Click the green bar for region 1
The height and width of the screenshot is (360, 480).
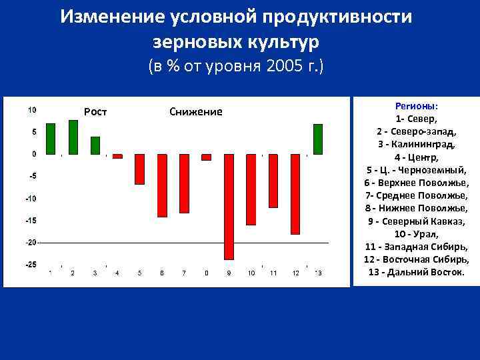[51, 139]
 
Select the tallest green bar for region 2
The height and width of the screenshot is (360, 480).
[73, 137]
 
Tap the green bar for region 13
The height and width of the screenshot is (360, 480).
[318, 139]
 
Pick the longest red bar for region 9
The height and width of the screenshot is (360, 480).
[229, 206]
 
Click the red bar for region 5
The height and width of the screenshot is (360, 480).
[139, 169]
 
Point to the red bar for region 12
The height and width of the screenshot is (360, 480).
[295, 194]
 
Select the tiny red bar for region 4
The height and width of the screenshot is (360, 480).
[117, 156]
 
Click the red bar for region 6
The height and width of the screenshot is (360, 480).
[162, 185]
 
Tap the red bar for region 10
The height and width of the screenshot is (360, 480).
[251, 189]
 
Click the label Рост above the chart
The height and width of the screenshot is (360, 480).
[95, 111]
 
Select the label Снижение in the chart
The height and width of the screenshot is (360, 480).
[196, 111]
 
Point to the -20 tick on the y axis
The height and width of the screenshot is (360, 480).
[31, 243]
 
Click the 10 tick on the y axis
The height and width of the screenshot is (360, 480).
[32, 110]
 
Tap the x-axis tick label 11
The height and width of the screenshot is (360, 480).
[273, 273]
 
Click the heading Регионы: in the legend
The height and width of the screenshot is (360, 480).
[417, 106]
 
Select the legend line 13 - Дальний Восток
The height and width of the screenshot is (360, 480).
[417, 272]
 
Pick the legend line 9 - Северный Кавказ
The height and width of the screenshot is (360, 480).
[417, 221]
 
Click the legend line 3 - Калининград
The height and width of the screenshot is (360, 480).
[417, 144]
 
